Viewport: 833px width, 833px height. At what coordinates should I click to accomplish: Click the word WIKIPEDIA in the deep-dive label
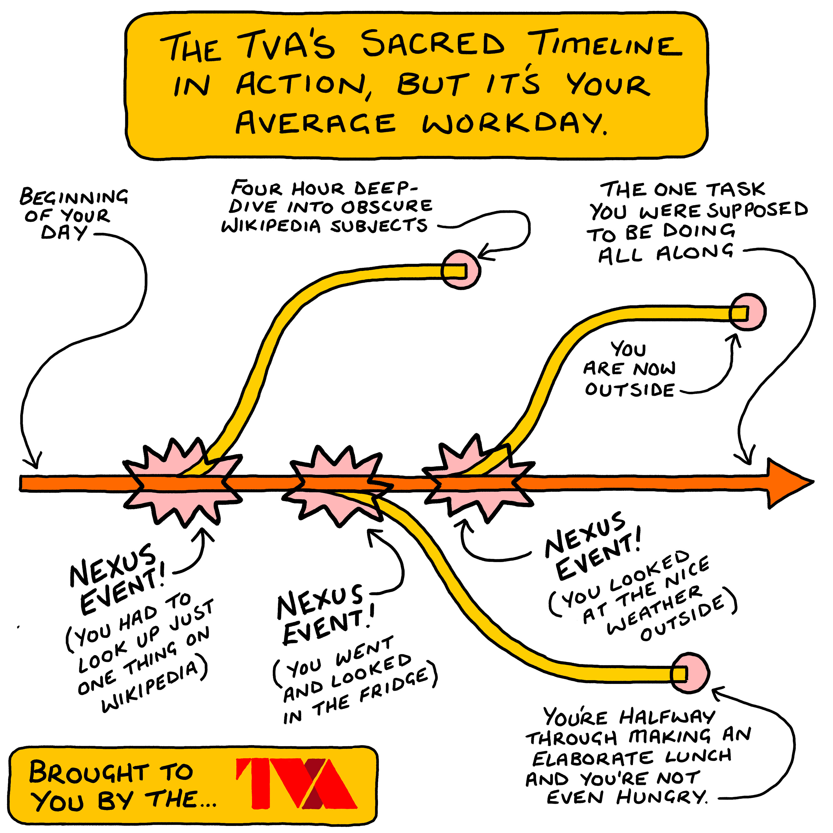(271, 226)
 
